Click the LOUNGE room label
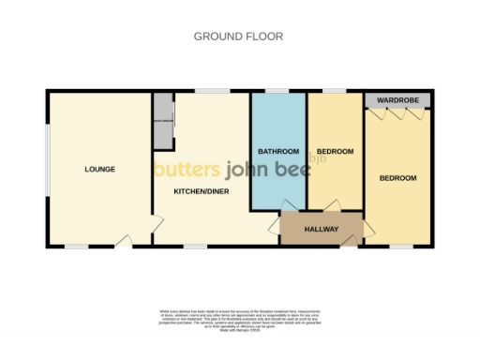click(99, 170)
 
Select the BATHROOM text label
click(278, 152)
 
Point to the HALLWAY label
click(322, 228)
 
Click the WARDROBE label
click(397, 99)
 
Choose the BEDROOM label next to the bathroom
click(335, 152)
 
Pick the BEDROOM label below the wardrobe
click(397, 178)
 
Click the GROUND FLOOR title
click(238, 37)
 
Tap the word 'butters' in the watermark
click(187, 170)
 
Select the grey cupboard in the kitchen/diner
click(164, 121)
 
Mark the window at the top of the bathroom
click(276, 91)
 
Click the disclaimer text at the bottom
click(239, 319)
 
